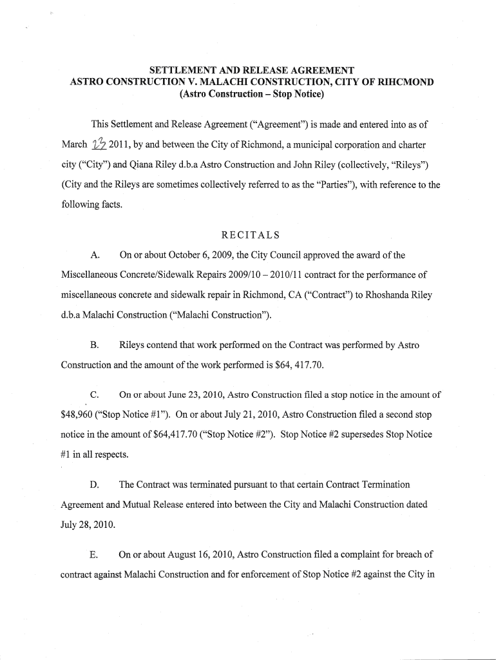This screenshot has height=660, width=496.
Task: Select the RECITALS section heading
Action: (247, 234)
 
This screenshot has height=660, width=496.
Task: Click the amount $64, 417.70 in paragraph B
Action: (292, 365)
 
